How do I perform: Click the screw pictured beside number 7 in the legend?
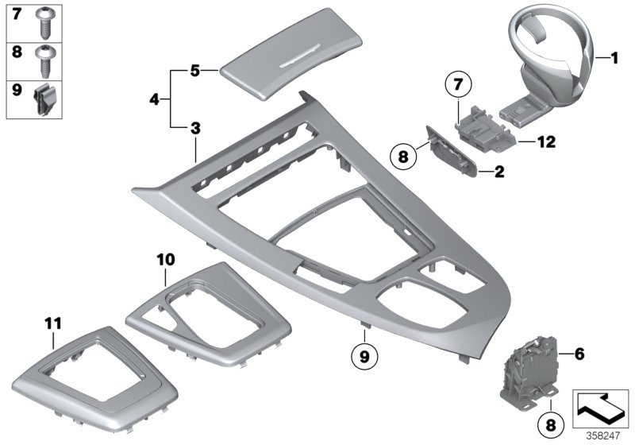click(45, 24)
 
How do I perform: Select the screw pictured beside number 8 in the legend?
click(45, 60)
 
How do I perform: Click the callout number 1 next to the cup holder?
click(614, 57)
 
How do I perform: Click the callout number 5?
click(194, 71)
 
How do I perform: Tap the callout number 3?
click(194, 127)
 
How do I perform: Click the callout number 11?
click(52, 322)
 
